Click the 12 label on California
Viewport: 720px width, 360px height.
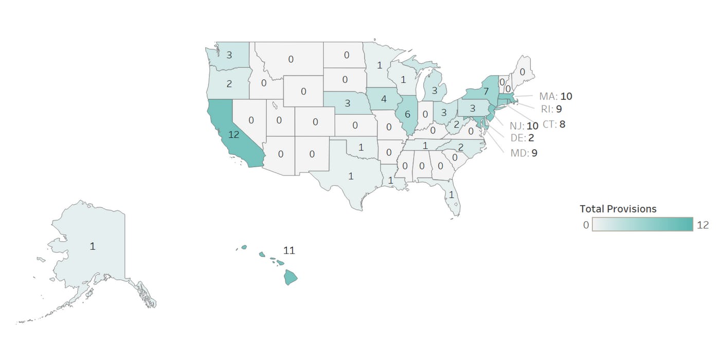(234, 135)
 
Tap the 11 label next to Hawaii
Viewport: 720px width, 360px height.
(289, 250)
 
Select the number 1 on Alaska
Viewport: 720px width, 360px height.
(93, 246)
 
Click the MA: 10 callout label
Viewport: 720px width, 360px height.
(555, 96)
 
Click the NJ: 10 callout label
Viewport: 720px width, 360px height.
(524, 126)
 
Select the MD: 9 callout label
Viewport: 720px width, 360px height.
(524, 153)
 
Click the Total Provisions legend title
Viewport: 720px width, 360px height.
(618, 209)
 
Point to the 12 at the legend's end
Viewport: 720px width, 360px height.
(703, 225)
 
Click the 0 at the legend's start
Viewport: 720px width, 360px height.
(586, 225)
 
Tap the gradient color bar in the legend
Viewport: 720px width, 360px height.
(643, 224)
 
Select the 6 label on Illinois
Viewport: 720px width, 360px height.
(407, 115)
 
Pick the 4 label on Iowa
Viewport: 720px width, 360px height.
(384, 99)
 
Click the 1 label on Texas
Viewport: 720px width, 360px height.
(351, 176)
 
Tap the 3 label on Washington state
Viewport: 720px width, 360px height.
(229, 55)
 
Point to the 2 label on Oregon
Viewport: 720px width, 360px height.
(229, 84)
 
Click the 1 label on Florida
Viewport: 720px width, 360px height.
(452, 195)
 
